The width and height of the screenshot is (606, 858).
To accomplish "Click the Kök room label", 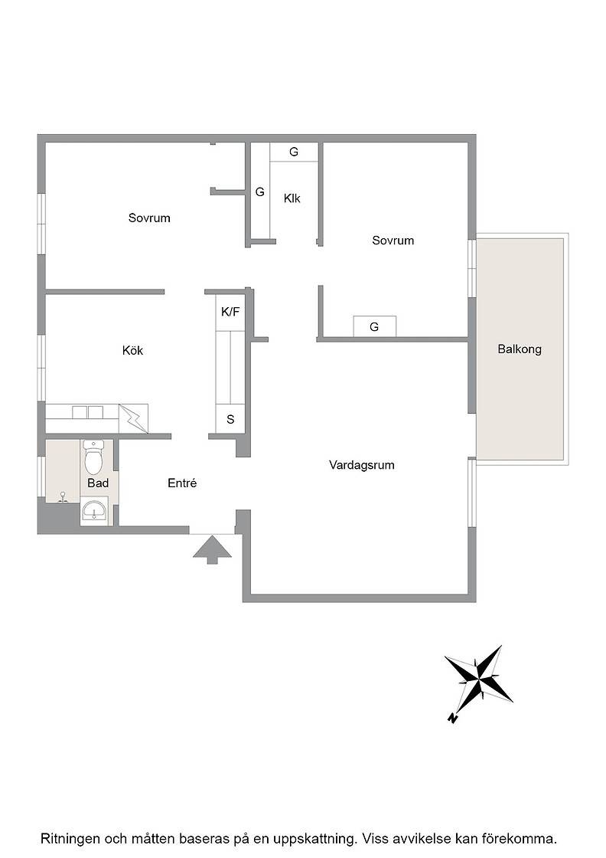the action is [132, 350].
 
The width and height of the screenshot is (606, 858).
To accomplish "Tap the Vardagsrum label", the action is [361, 465].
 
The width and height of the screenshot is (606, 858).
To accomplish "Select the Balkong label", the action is [519, 349].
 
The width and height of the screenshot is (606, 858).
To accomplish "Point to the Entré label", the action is [182, 483].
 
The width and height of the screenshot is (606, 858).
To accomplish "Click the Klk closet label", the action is [292, 198].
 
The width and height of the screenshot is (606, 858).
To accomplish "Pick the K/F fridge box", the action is [230, 312].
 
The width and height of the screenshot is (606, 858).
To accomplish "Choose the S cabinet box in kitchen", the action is [230, 419].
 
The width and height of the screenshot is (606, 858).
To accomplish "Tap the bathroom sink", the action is [94, 510].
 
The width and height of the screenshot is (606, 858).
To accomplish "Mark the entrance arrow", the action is [212, 549].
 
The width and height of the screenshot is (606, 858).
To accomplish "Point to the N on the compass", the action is [452, 718].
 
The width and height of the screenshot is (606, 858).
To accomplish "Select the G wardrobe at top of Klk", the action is [294, 152].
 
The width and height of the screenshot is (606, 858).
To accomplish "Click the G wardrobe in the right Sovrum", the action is [374, 326].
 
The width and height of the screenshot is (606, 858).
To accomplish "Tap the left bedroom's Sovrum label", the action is [149, 218].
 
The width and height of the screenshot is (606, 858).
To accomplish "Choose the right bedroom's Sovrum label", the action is [393, 241].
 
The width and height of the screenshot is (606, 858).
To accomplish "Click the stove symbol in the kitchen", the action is [133, 418].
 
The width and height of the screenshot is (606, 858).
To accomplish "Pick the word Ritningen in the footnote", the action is [70, 839].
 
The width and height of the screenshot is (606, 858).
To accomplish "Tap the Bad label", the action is [98, 483].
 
